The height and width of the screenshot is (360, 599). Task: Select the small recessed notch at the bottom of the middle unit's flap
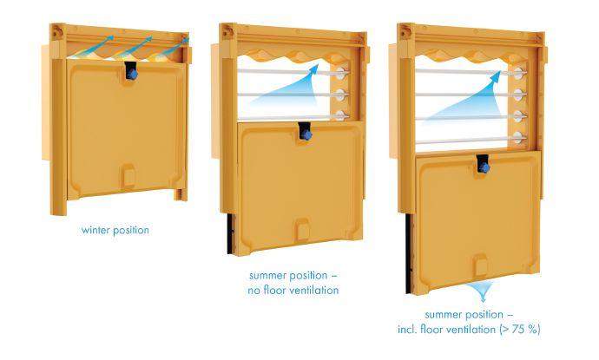click(x=303, y=232)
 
